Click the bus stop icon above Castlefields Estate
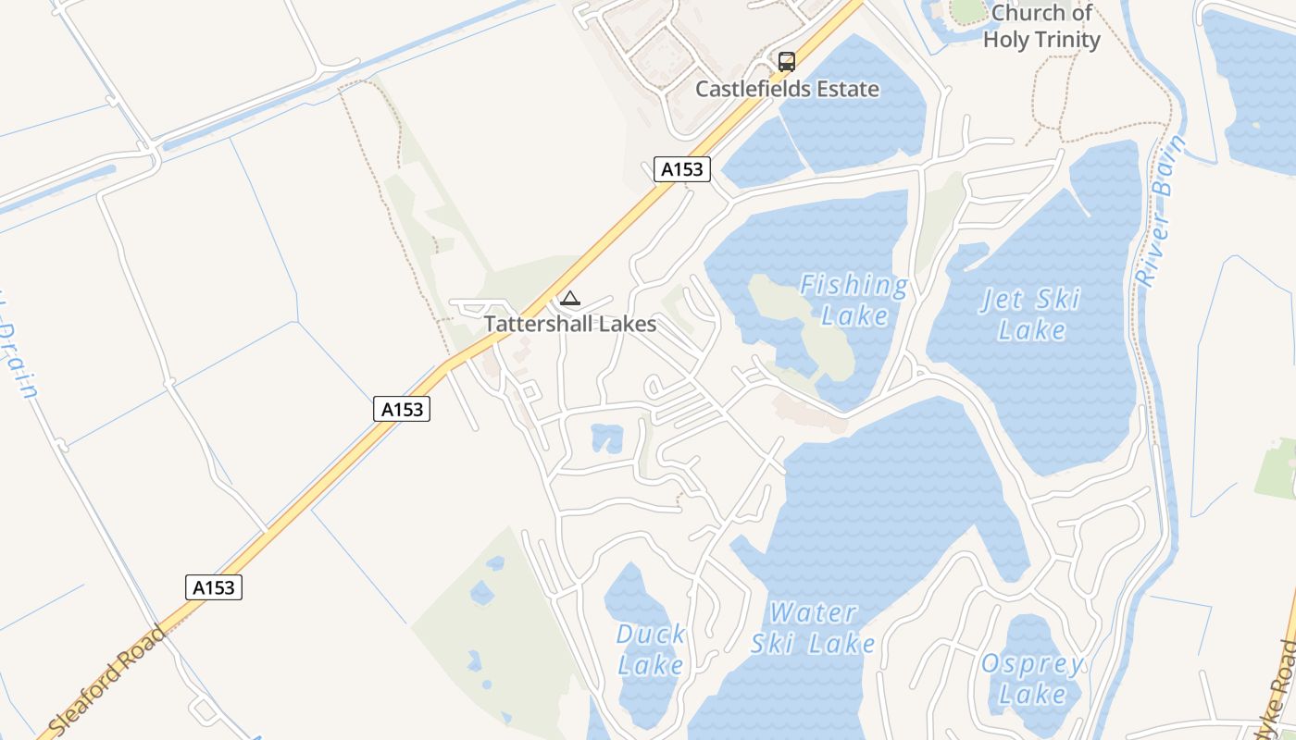click(x=787, y=62)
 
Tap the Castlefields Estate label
click(x=787, y=90)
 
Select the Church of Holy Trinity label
click(x=1041, y=27)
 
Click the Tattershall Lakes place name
click(x=570, y=324)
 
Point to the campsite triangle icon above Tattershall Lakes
click(x=570, y=299)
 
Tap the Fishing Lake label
click(x=854, y=300)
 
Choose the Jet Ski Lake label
click(x=1031, y=314)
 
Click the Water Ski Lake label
click(x=813, y=627)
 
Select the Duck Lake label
click(x=651, y=649)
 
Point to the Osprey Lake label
click(x=1032, y=678)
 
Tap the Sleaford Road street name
click(x=106, y=680)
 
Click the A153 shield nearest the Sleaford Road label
click(x=214, y=587)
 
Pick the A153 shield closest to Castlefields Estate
click(x=682, y=169)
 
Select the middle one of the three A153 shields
click(x=403, y=409)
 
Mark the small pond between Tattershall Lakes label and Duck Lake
click(x=607, y=438)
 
